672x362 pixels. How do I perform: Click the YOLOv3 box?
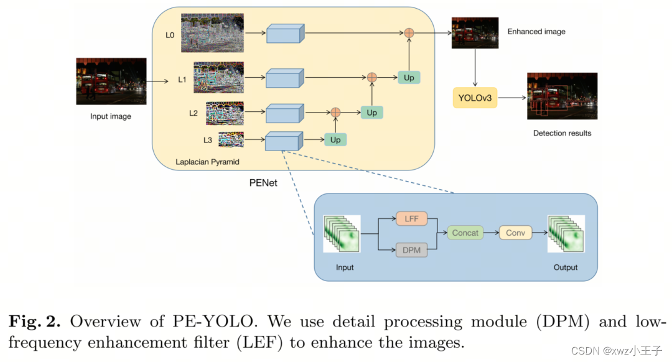coord(474,98)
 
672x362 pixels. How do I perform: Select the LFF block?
coord(412,219)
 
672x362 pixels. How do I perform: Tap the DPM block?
coord(412,250)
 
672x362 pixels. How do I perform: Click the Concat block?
coord(465,233)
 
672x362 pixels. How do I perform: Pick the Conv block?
coord(515,233)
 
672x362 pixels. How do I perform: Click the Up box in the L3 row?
coord(335,140)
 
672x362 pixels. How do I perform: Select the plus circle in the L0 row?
coord(409,32)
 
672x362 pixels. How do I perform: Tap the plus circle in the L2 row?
coord(335,112)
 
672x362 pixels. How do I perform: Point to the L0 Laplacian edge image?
coord(212,33)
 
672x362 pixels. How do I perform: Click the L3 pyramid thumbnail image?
coord(231,140)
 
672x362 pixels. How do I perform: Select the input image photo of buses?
coord(111,81)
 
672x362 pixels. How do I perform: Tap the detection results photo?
coord(562,96)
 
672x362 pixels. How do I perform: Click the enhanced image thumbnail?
coord(475,33)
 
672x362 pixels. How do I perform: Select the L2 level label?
coord(194,113)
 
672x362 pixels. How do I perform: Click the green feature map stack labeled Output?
coord(566,234)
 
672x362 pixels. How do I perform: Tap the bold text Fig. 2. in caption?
coord(34,322)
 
